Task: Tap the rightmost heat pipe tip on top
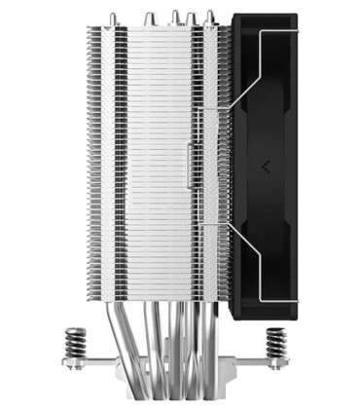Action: pos(208,17)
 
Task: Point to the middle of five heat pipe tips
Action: pos(175,15)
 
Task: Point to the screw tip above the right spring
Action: pos(277,328)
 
